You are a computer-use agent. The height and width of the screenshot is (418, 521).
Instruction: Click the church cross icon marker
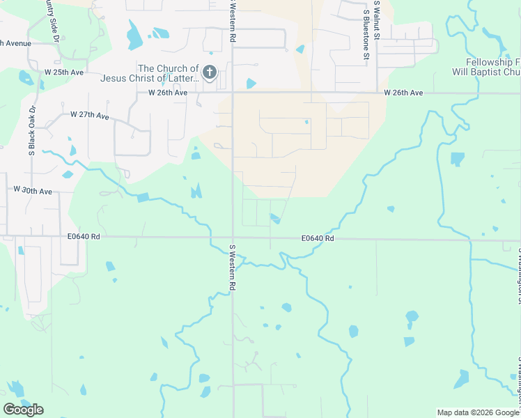pos(209,72)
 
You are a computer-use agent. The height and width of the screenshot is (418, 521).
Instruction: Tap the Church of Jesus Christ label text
pos(168,73)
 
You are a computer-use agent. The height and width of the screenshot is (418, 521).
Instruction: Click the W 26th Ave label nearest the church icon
pos(167,93)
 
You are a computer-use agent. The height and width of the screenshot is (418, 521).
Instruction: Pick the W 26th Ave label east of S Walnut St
pos(403,93)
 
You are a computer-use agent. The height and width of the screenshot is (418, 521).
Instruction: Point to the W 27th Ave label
pos(90,115)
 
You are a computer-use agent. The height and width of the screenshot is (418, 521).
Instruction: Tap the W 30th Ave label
pos(33,190)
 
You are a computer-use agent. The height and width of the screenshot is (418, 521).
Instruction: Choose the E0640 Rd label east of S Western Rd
pos(318,238)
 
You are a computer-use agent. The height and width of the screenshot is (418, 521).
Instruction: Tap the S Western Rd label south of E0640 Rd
pos(233,268)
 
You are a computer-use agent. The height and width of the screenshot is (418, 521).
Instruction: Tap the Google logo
pos(23,410)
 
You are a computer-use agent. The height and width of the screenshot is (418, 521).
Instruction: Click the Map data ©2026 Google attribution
pos(477,412)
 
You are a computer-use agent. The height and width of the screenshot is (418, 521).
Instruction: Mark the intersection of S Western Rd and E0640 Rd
pos(233,238)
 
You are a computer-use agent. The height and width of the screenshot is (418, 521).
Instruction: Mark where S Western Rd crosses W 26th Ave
pos(232,92)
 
